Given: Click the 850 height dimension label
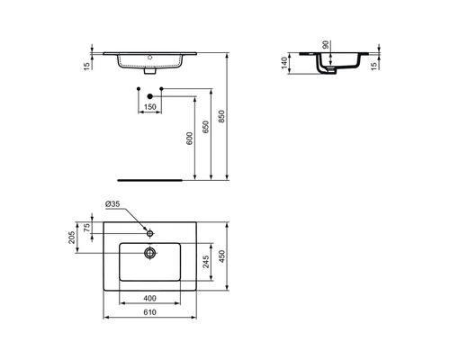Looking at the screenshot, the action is pyautogui.click(x=221, y=116).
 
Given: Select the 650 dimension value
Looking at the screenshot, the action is pyautogui.click(x=206, y=127).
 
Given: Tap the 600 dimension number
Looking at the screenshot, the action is pyautogui.click(x=190, y=139).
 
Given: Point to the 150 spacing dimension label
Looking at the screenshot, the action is pyautogui.click(x=150, y=107).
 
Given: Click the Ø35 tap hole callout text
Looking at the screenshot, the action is pyautogui.click(x=112, y=204).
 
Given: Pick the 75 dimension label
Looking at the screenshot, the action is pyautogui.click(x=86, y=228).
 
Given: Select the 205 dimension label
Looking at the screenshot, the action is pyautogui.click(x=72, y=238).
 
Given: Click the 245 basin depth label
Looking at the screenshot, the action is pyautogui.click(x=206, y=262).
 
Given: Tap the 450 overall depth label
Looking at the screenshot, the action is pyautogui.click(x=221, y=256).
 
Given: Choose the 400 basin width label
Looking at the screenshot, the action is pyautogui.click(x=149, y=298).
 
